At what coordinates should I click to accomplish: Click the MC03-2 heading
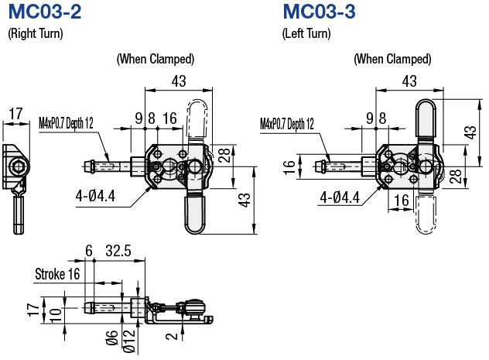tap(43, 12)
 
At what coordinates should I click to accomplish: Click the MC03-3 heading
tap(319, 12)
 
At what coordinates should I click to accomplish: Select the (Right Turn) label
tap(35, 33)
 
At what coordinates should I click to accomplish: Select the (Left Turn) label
tap(306, 33)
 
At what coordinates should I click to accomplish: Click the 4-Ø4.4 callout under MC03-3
tap(340, 198)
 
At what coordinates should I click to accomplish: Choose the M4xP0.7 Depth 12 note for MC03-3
tap(287, 123)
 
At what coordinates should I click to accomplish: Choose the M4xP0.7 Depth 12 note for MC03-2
tap(66, 122)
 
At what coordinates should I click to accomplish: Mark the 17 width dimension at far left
tap(15, 114)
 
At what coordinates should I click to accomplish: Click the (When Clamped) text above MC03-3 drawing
tap(392, 59)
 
